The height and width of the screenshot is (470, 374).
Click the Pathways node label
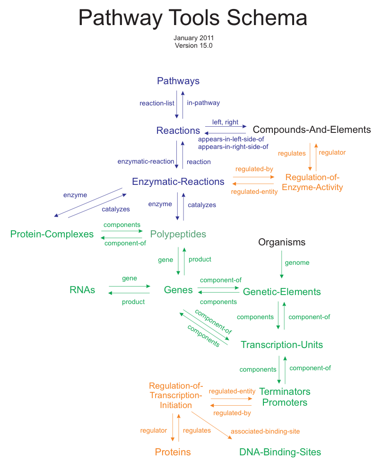point(178,81)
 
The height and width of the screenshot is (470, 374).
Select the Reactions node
point(178,131)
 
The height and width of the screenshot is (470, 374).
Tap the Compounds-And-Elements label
point(312,130)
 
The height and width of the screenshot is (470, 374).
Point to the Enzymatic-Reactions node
point(178,182)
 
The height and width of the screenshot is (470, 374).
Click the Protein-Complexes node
point(52,234)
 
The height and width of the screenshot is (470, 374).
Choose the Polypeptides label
point(178,234)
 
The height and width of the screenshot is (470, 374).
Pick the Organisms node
point(282,243)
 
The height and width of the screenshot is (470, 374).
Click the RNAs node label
point(82,290)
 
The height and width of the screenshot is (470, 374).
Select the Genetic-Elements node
point(282,292)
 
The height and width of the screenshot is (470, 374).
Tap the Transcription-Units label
point(282,345)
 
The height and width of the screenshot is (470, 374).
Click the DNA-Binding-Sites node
point(280,452)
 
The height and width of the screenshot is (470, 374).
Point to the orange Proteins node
point(173,452)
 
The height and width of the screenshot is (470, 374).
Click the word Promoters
point(285,403)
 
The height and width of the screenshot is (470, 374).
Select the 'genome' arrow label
point(297,263)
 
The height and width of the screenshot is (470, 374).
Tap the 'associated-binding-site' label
point(265,431)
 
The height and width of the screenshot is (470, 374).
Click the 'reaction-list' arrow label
point(157,103)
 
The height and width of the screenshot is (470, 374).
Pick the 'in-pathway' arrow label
point(203,103)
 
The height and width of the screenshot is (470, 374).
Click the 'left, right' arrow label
point(225,122)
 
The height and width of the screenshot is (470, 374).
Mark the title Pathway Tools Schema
point(192,18)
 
